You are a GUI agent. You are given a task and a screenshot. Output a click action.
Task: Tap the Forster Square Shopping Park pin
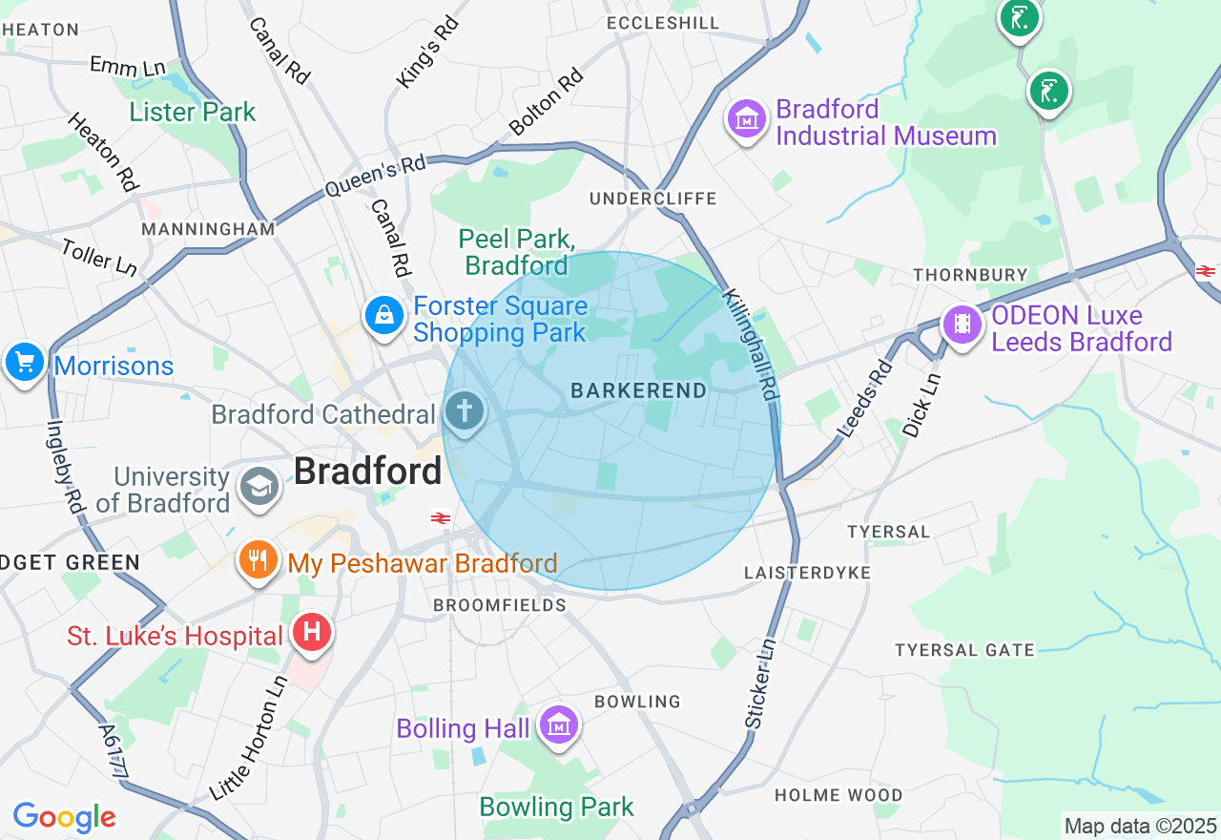[384, 315]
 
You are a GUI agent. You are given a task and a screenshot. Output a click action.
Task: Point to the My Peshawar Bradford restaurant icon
[258, 560]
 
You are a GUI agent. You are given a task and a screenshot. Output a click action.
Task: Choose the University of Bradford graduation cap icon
[259, 487]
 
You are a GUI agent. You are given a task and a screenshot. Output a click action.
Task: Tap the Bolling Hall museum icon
[559, 726]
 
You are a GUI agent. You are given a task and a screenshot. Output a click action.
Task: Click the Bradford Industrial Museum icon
[748, 120]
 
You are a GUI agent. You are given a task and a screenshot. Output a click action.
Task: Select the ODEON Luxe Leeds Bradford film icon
[962, 325]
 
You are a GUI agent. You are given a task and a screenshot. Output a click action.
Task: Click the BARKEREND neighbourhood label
[638, 390]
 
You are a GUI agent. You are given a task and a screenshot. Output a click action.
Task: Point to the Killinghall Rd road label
[751, 345]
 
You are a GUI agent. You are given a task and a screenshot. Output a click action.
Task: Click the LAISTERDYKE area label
[807, 573]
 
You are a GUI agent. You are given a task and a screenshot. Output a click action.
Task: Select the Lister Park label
[193, 113]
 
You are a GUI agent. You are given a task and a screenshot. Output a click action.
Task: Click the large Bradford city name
[367, 472]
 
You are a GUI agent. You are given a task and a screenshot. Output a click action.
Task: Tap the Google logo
[64, 817]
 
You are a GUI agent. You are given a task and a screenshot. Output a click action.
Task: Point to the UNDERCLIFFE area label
[652, 199]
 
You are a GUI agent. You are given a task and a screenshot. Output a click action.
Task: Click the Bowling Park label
[556, 808]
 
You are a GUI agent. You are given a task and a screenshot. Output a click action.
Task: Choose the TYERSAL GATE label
[964, 650]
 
